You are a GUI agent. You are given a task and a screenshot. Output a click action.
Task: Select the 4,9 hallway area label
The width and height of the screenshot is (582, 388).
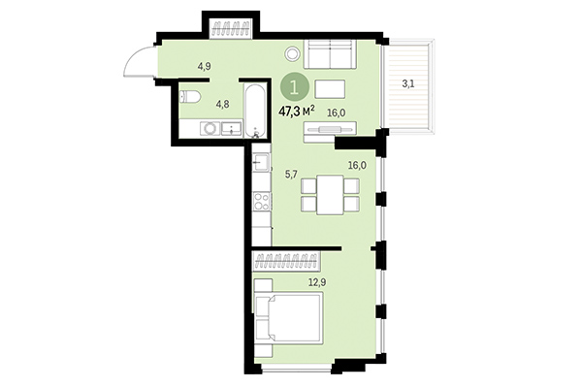click(205, 66)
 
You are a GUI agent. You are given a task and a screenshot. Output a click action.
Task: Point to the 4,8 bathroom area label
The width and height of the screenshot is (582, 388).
click(222, 102)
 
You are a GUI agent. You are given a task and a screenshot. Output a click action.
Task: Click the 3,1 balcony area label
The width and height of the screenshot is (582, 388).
click(410, 83)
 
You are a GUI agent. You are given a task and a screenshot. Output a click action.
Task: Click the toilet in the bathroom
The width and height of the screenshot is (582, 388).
click(190, 97)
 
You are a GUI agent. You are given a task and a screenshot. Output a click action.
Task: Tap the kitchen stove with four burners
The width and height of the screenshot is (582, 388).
click(261, 202)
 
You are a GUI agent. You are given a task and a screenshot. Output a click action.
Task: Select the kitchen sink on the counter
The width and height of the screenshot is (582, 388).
click(261, 163)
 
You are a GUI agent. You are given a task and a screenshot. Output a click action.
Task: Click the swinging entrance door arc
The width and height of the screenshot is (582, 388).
click(137, 63)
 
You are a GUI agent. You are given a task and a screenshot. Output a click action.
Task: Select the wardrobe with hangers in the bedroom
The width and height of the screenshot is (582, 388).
click(286, 259)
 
